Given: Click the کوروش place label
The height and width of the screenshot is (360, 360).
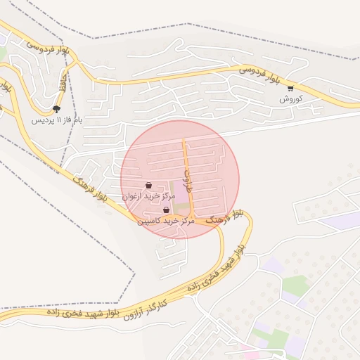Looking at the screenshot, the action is click(x=290, y=99).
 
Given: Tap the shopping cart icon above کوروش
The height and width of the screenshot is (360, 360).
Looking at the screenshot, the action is click(x=290, y=89).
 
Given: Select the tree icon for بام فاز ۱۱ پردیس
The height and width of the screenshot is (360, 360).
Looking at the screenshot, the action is click(x=56, y=109).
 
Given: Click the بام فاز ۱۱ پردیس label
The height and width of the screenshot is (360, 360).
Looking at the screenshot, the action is click(x=57, y=120).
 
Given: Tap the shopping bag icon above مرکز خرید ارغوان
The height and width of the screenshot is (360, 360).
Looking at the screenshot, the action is click(x=148, y=186).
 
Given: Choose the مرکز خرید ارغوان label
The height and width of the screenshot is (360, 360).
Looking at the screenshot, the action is click(x=148, y=197).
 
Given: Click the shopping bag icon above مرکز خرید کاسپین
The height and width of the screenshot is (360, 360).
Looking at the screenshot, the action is click(x=166, y=210).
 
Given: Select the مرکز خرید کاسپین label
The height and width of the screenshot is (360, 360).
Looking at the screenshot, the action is click(x=166, y=221).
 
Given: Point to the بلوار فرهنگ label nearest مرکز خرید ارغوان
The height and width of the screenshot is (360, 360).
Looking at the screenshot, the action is click(x=90, y=191).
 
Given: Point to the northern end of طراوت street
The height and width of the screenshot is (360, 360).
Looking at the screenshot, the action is click(x=184, y=139).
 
